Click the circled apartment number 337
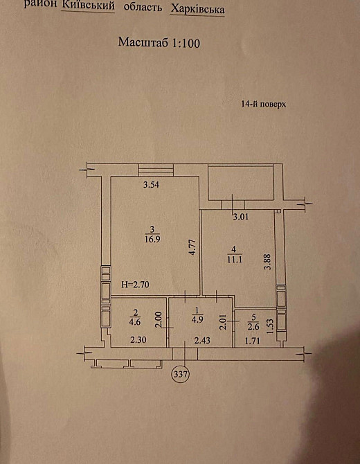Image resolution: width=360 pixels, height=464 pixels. [181, 375]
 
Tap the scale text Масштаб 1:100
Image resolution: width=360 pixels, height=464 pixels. [159, 43]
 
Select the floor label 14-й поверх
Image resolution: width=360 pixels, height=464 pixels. [264, 104]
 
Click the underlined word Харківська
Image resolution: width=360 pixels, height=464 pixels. [197, 10]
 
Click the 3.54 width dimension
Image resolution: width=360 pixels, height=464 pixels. [151, 185]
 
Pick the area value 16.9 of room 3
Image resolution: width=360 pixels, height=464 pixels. [152, 239]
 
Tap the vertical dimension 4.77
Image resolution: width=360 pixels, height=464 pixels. [192, 247]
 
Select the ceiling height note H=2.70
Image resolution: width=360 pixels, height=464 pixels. [136, 285]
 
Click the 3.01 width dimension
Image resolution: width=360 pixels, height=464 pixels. [240, 217]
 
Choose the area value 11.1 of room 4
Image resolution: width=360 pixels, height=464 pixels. [234, 260]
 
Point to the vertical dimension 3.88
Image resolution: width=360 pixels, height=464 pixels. [268, 261]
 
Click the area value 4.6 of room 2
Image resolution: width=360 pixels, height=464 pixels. [135, 321]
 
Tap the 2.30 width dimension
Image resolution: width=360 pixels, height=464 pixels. [138, 340]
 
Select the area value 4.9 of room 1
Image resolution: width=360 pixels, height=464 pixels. [197, 319]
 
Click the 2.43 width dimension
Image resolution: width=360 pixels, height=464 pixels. [202, 340]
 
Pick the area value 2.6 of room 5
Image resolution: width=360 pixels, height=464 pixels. [253, 327]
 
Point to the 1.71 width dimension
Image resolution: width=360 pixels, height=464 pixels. [252, 341]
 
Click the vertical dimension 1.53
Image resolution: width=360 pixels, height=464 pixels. [270, 326]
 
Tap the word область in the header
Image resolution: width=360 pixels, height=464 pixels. [143, 8]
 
